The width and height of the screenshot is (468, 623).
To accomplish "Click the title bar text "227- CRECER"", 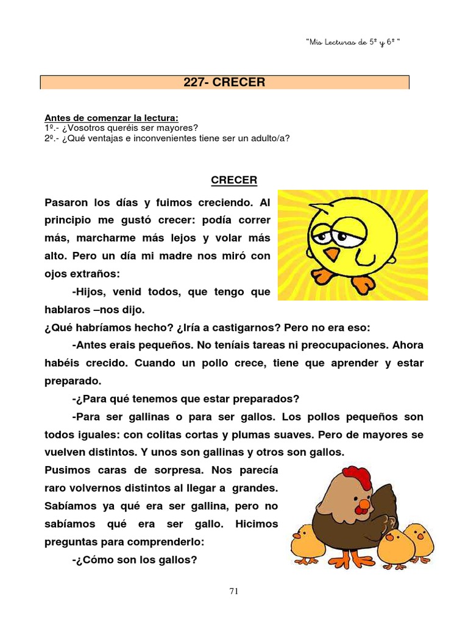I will click(x=224, y=82).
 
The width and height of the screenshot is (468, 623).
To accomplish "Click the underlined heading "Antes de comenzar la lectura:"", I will click(x=112, y=118).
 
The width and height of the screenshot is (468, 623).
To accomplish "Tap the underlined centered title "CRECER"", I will click(x=234, y=180).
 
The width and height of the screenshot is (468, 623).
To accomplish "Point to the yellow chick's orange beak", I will click(x=331, y=253).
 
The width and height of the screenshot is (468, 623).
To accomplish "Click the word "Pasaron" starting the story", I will click(x=66, y=202).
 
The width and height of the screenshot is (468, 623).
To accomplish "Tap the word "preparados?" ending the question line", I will click(x=271, y=399).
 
